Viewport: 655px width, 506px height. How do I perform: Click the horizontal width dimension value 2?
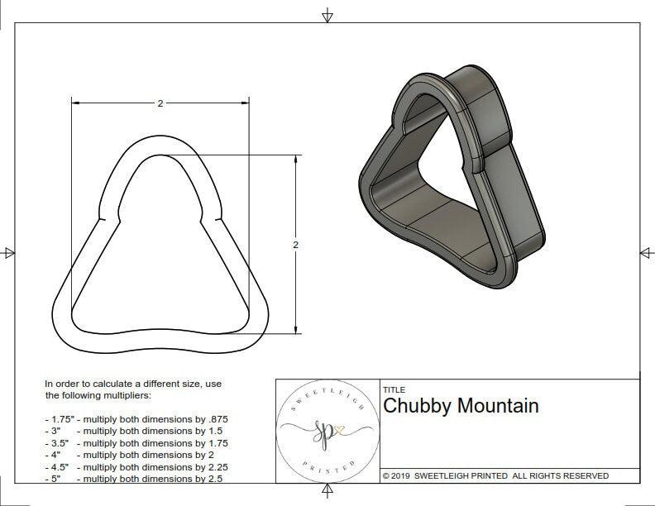[x=160, y=103]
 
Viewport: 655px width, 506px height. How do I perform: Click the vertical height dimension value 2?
[x=295, y=245]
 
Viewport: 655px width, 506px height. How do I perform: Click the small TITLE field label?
[x=393, y=390]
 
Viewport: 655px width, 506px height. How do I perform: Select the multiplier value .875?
[x=216, y=419]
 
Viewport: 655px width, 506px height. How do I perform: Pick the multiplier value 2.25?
[x=213, y=466]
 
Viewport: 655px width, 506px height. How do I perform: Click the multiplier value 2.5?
[x=210, y=479]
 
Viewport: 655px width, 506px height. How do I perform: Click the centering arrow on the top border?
[x=328, y=15]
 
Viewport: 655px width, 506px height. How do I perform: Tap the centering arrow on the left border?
[x=9, y=252]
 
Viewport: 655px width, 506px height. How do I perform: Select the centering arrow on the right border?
[x=645, y=252]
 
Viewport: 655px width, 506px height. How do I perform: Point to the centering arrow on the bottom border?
[x=328, y=494]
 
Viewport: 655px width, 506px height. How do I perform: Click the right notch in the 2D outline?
[x=218, y=219]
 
